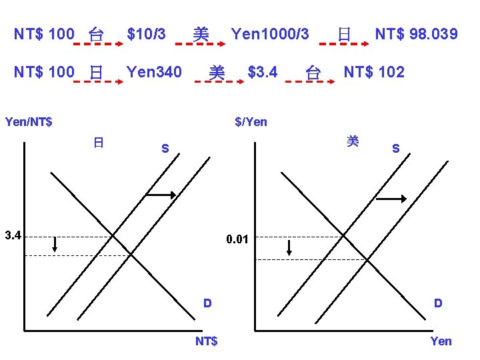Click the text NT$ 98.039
click(x=416, y=33)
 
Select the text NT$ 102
click(x=373, y=72)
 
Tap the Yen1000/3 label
click(x=269, y=33)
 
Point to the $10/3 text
click(x=146, y=33)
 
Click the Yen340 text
click(x=153, y=72)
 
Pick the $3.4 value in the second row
click(x=262, y=72)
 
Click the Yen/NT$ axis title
click(x=29, y=121)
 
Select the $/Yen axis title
click(x=251, y=121)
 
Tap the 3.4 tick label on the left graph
click(x=13, y=235)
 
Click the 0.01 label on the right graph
click(x=237, y=239)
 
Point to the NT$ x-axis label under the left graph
click(x=206, y=341)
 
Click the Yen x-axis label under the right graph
click(x=441, y=341)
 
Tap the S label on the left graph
click(x=165, y=148)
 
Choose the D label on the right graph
click(x=438, y=303)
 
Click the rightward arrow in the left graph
click(x=161, y=195)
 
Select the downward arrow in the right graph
click(x=289, y=248)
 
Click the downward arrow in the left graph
click(x=55, y=245)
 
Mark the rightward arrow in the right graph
click(x=391, y=199)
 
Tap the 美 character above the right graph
click(x=353, y=141)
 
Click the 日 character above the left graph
click(x=98, y=142)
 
